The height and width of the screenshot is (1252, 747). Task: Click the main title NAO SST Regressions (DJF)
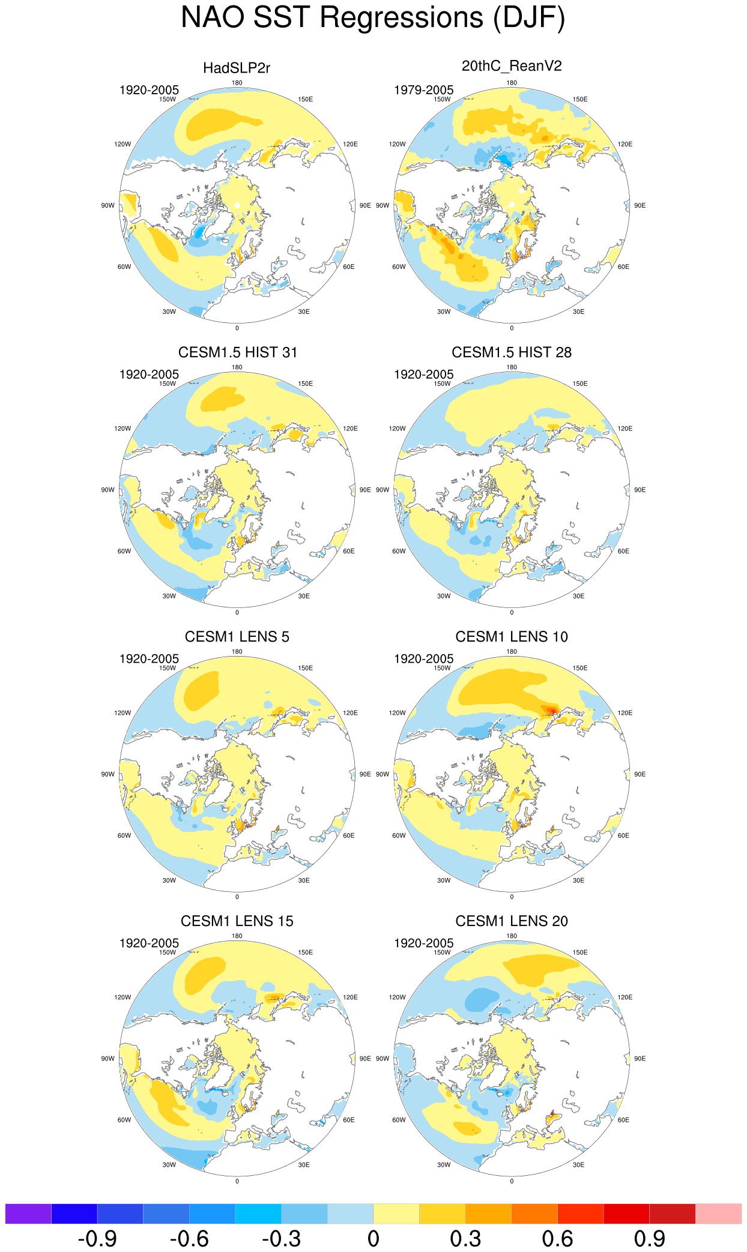373,18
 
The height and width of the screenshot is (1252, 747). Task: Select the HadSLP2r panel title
237,68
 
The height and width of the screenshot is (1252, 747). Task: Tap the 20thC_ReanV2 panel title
512,66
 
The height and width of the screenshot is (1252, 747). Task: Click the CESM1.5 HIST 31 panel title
238,352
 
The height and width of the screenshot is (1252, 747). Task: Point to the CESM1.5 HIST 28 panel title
512,352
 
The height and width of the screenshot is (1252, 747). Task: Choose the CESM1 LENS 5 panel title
237,637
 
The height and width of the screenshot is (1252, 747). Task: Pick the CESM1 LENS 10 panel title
512,637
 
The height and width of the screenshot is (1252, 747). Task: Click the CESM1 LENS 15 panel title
237,921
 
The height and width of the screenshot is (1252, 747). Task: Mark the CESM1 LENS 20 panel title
512,921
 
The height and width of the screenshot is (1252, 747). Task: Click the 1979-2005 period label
424,90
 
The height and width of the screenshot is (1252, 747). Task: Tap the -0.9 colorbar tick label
97,1238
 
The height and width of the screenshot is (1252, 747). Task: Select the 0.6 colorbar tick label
557,1238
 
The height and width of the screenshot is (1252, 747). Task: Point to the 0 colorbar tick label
374,1238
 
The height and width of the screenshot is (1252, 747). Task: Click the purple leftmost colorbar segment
28,1213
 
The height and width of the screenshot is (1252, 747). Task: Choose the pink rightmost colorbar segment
718,1213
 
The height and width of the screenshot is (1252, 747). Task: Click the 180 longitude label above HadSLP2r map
237,83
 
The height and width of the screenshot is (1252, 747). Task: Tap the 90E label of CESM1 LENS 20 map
640,1059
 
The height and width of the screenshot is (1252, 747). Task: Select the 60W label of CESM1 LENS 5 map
124,835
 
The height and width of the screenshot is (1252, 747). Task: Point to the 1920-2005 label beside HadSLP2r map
149,90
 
